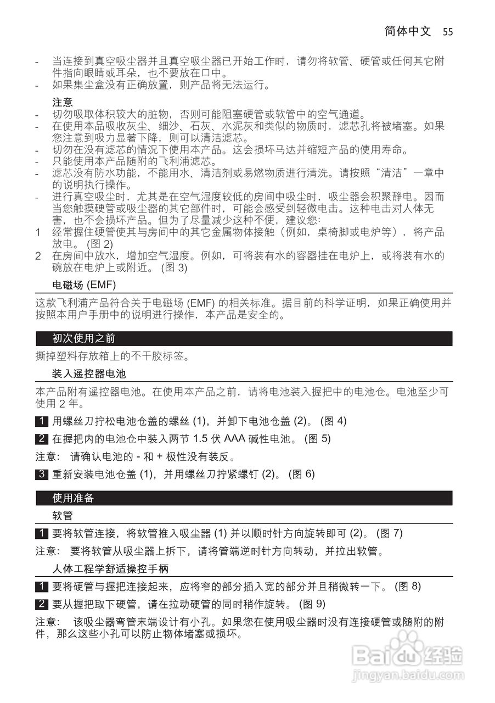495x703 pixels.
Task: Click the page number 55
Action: [447, 31]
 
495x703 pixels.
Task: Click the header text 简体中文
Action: [408, 31]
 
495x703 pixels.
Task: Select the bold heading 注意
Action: [62, 102]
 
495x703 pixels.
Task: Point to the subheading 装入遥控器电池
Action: [89, 375]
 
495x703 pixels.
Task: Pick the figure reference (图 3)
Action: [174, 269]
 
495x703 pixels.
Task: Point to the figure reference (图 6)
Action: [302, 474]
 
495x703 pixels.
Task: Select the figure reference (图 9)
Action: [312, 604]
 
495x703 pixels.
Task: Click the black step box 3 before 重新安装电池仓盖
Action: [41, 474]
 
